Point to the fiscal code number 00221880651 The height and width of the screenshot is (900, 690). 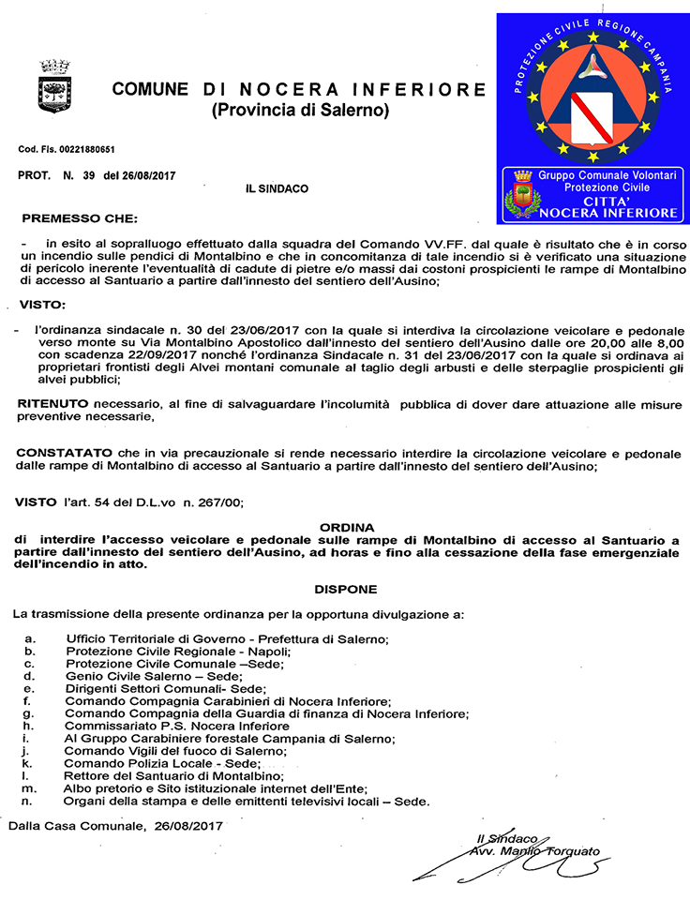pyautogui.click(x=88, y=150)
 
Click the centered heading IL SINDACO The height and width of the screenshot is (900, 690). pyautogui.click(x=277, y=188)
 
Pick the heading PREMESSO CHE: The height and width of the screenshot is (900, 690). pyautogui.click(x=79, y=218)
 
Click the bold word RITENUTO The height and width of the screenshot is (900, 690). pyautogui.click(x=50, y=402)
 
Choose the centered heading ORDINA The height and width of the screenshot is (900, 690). pyautogui.click(x=346, y=527)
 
